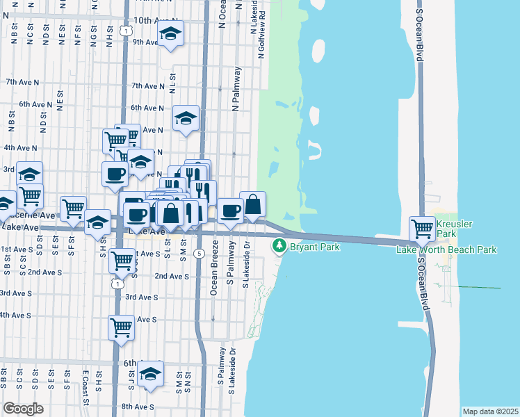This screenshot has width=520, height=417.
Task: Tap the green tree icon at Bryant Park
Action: point(279,245)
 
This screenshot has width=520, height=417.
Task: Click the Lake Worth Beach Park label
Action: point(447,250)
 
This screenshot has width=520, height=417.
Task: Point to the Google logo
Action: point(23,409)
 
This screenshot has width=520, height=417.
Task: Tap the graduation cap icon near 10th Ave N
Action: point(170,33)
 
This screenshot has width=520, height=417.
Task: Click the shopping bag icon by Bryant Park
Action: point(253,204)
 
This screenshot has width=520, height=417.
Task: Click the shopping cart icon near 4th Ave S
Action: point(121,327)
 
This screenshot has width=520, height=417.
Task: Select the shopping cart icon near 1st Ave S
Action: point(122,261)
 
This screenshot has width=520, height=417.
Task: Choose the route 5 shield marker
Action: point(200,254)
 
